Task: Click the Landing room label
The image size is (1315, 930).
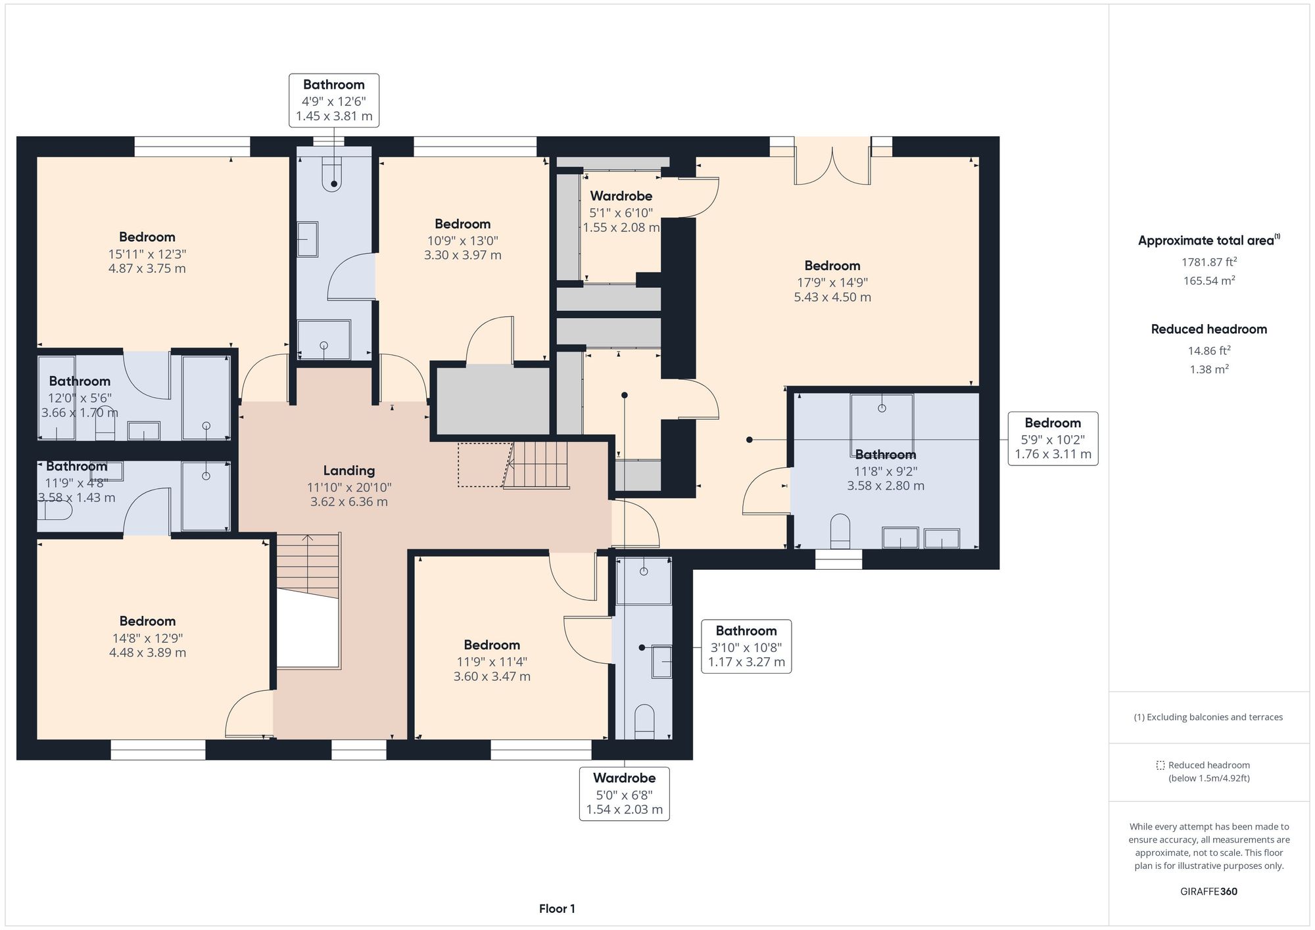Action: [x=348, y=471]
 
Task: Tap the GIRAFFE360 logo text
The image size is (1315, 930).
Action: [x=1208, y=892]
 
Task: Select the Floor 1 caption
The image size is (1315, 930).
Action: [x=557, y=909]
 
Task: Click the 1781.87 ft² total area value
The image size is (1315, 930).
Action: [x=1208, y=262]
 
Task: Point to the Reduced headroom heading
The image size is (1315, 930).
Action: [x=1208, y=329]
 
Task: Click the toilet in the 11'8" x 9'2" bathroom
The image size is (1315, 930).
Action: [x=840, y=530]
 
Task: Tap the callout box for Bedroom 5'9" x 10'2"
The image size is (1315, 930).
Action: [x=1053, y=438]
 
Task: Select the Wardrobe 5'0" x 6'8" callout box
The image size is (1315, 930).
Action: [x=624, y=793]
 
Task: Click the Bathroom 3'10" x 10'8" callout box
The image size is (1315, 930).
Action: [x=746, y=646]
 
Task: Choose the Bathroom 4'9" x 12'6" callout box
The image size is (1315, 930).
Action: [x=334, y=100]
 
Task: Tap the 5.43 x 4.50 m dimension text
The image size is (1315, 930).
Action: [x=832, y=297]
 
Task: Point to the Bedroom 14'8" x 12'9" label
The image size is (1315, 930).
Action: [x=147, y=621]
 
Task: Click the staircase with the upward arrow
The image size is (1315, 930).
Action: [x=308, y=565]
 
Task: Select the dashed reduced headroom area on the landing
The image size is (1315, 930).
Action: [x=484, y=464]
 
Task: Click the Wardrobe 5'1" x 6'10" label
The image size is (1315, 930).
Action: [x=621, y=196]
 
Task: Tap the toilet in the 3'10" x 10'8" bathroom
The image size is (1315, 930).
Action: [x=644, y=722]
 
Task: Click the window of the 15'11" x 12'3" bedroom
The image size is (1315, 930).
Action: [x=192, y=146]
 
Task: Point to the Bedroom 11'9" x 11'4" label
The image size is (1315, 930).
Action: [x=492, y=645]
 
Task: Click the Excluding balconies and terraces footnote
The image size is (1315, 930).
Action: [x=1208, y=717]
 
